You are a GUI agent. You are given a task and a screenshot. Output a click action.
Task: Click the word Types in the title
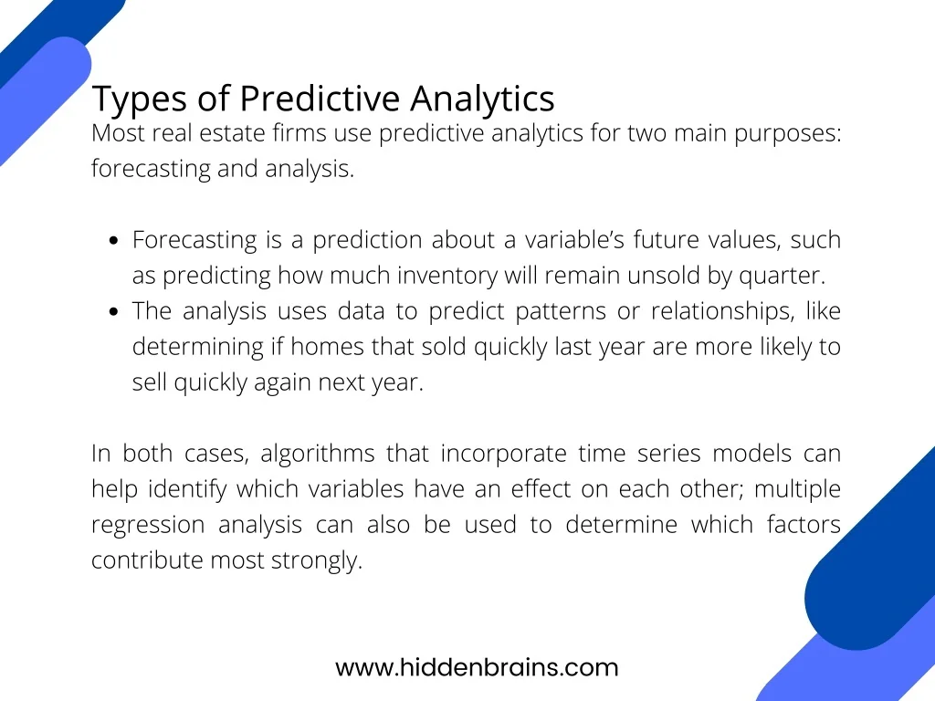click(140, 99)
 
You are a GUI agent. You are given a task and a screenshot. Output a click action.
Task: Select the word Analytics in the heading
click(482, 99)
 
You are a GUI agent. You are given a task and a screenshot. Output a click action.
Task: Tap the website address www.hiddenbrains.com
click(477, 667)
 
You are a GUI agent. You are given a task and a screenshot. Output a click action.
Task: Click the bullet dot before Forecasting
click(114, 241)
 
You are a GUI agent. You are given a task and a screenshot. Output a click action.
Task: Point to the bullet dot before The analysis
click(114, 312)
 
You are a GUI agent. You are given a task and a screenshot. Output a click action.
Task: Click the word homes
click(327, 346)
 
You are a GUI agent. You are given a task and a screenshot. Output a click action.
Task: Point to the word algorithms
click(317, 455)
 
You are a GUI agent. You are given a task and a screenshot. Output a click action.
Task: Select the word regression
click(148, 526)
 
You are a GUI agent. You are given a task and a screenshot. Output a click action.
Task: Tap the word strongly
click(317, 561)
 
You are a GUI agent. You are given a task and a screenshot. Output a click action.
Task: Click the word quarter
click(783, 276)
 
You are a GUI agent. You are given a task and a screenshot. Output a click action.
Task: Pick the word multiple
click(797, 490)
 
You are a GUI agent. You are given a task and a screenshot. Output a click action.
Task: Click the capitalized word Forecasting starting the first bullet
click(195, 241)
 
